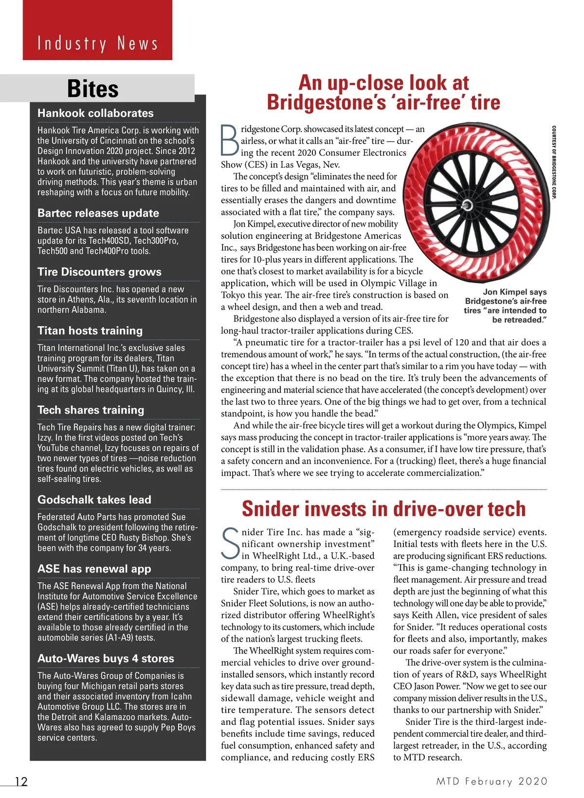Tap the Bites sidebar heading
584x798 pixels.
(x=93, y=89)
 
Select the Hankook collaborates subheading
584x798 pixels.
(x=95, y=113)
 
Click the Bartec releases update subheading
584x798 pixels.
(x=98, y=213)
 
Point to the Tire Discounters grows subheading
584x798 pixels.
(x=99, y=272)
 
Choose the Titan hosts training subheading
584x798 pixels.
(x=90, y=331)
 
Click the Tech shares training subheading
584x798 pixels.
(x=91, y=410)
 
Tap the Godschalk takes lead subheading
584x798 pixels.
(x=94, y=500)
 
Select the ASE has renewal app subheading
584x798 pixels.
(x=94, y=569)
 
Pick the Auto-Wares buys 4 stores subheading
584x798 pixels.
(x=106, y=659)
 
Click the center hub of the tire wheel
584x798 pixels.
(x=468, y=204)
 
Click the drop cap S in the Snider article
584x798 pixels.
(x=230, y=544)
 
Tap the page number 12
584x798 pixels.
(x=21, y=781)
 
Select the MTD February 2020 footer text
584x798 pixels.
(x=492, y=781)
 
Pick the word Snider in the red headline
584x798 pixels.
(x=271, y=509)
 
